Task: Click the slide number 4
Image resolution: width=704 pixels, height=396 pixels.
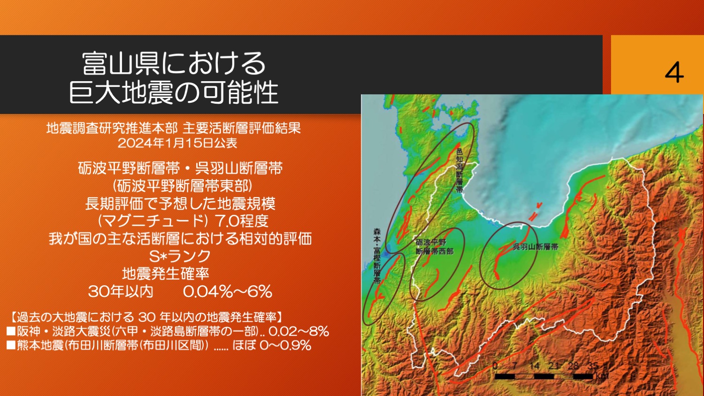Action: tap(674, 72)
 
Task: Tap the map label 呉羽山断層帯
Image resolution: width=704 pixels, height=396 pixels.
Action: tap(535, 247)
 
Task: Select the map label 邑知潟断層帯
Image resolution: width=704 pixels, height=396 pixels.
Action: tap(459, 170)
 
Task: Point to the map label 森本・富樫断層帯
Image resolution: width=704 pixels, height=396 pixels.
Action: tap(377, 256)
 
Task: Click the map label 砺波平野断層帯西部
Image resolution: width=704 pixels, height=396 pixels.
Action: tap(434, 247)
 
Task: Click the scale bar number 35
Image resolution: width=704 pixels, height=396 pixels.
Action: tap(593, 366)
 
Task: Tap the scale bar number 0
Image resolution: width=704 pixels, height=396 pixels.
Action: tap(495, 366)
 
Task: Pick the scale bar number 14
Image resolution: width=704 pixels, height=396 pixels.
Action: tap(534, 366)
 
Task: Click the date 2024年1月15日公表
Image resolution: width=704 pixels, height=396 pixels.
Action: tap(177, 143)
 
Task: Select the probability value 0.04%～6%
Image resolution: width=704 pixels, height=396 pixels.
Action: tap(227, 292)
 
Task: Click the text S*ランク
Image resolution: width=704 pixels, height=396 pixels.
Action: tap(179, 256)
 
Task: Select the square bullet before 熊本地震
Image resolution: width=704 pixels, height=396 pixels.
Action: tap(11, 345)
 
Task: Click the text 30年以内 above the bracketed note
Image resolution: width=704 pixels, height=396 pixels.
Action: tap(121, 292)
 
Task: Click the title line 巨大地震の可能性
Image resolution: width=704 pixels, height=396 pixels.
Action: tap(174, 92)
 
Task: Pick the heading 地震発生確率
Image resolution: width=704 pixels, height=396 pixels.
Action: tap(166, 274)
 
